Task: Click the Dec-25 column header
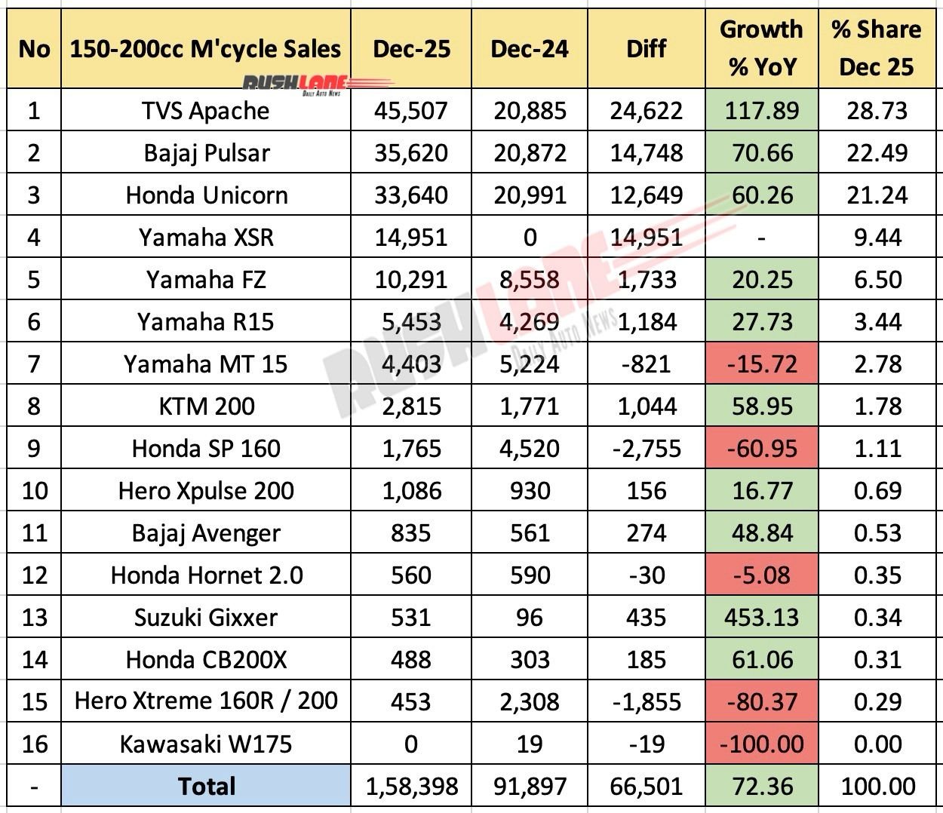[x=411, y=49]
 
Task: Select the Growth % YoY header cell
[x=761, y=48]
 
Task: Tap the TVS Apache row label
[x=205, y=111]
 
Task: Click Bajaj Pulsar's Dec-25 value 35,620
[x=411, y=153]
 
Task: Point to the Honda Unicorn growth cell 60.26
[x=761, y=195]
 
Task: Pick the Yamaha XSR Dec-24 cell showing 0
[x=530, y=238]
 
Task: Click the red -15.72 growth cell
[x=761, y=364]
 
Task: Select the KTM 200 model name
[x=205, y=406]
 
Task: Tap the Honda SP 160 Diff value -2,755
[x=647, y=449]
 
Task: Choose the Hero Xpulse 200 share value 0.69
[x=876, y=491]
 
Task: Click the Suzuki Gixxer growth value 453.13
[x=761, y=618]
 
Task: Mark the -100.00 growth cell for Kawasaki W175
[x=761, y=744]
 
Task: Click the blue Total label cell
[x=205, y=787]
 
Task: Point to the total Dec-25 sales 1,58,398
[x=411, y=787]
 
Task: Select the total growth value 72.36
[x=761, y=787]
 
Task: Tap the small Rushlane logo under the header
[x=294, y=84]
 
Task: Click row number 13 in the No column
[x=33, y=618]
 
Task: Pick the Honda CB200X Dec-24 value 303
[x=530, y=660]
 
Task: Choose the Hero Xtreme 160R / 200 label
[x=205, y=701]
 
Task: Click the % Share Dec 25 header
[x=876, y=48]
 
